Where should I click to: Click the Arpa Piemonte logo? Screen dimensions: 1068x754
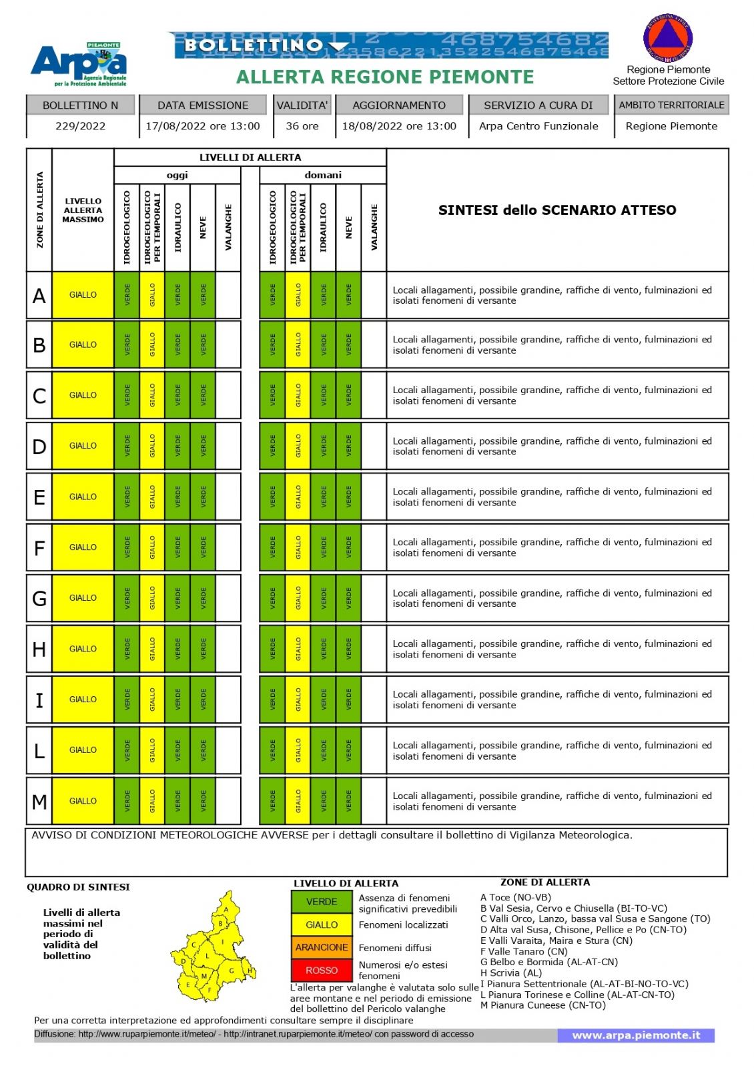point(79,64)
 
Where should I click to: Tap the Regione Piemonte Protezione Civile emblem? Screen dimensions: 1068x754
point(668,37)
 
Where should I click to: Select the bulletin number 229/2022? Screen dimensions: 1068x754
point(81,126)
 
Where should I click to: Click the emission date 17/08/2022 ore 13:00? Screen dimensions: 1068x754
point(203,126)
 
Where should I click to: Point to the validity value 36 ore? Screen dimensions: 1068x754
point(302,126)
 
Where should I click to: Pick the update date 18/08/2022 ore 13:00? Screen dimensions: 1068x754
point(399,126)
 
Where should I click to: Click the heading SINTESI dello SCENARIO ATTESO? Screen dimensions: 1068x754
point(557,210)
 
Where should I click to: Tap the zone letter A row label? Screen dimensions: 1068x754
point(39,295)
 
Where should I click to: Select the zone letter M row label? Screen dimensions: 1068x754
point(39,801)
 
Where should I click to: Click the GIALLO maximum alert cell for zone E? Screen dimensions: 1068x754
point(83,497)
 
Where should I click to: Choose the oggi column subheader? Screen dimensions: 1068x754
point(177,175)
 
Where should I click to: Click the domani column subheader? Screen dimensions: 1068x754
point(323,175)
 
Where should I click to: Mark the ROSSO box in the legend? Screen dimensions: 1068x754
point(322,971)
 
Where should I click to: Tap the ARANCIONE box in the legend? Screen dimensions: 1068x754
point(322,947)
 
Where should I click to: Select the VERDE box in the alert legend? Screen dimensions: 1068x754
point(322,902)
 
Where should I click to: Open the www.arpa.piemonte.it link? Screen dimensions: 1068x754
point(636,1035)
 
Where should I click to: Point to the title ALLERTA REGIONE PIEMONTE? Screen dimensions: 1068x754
point(385,77)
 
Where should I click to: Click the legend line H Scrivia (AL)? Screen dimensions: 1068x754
point(511,973)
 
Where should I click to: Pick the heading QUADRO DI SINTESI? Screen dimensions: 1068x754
point(78,887)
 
